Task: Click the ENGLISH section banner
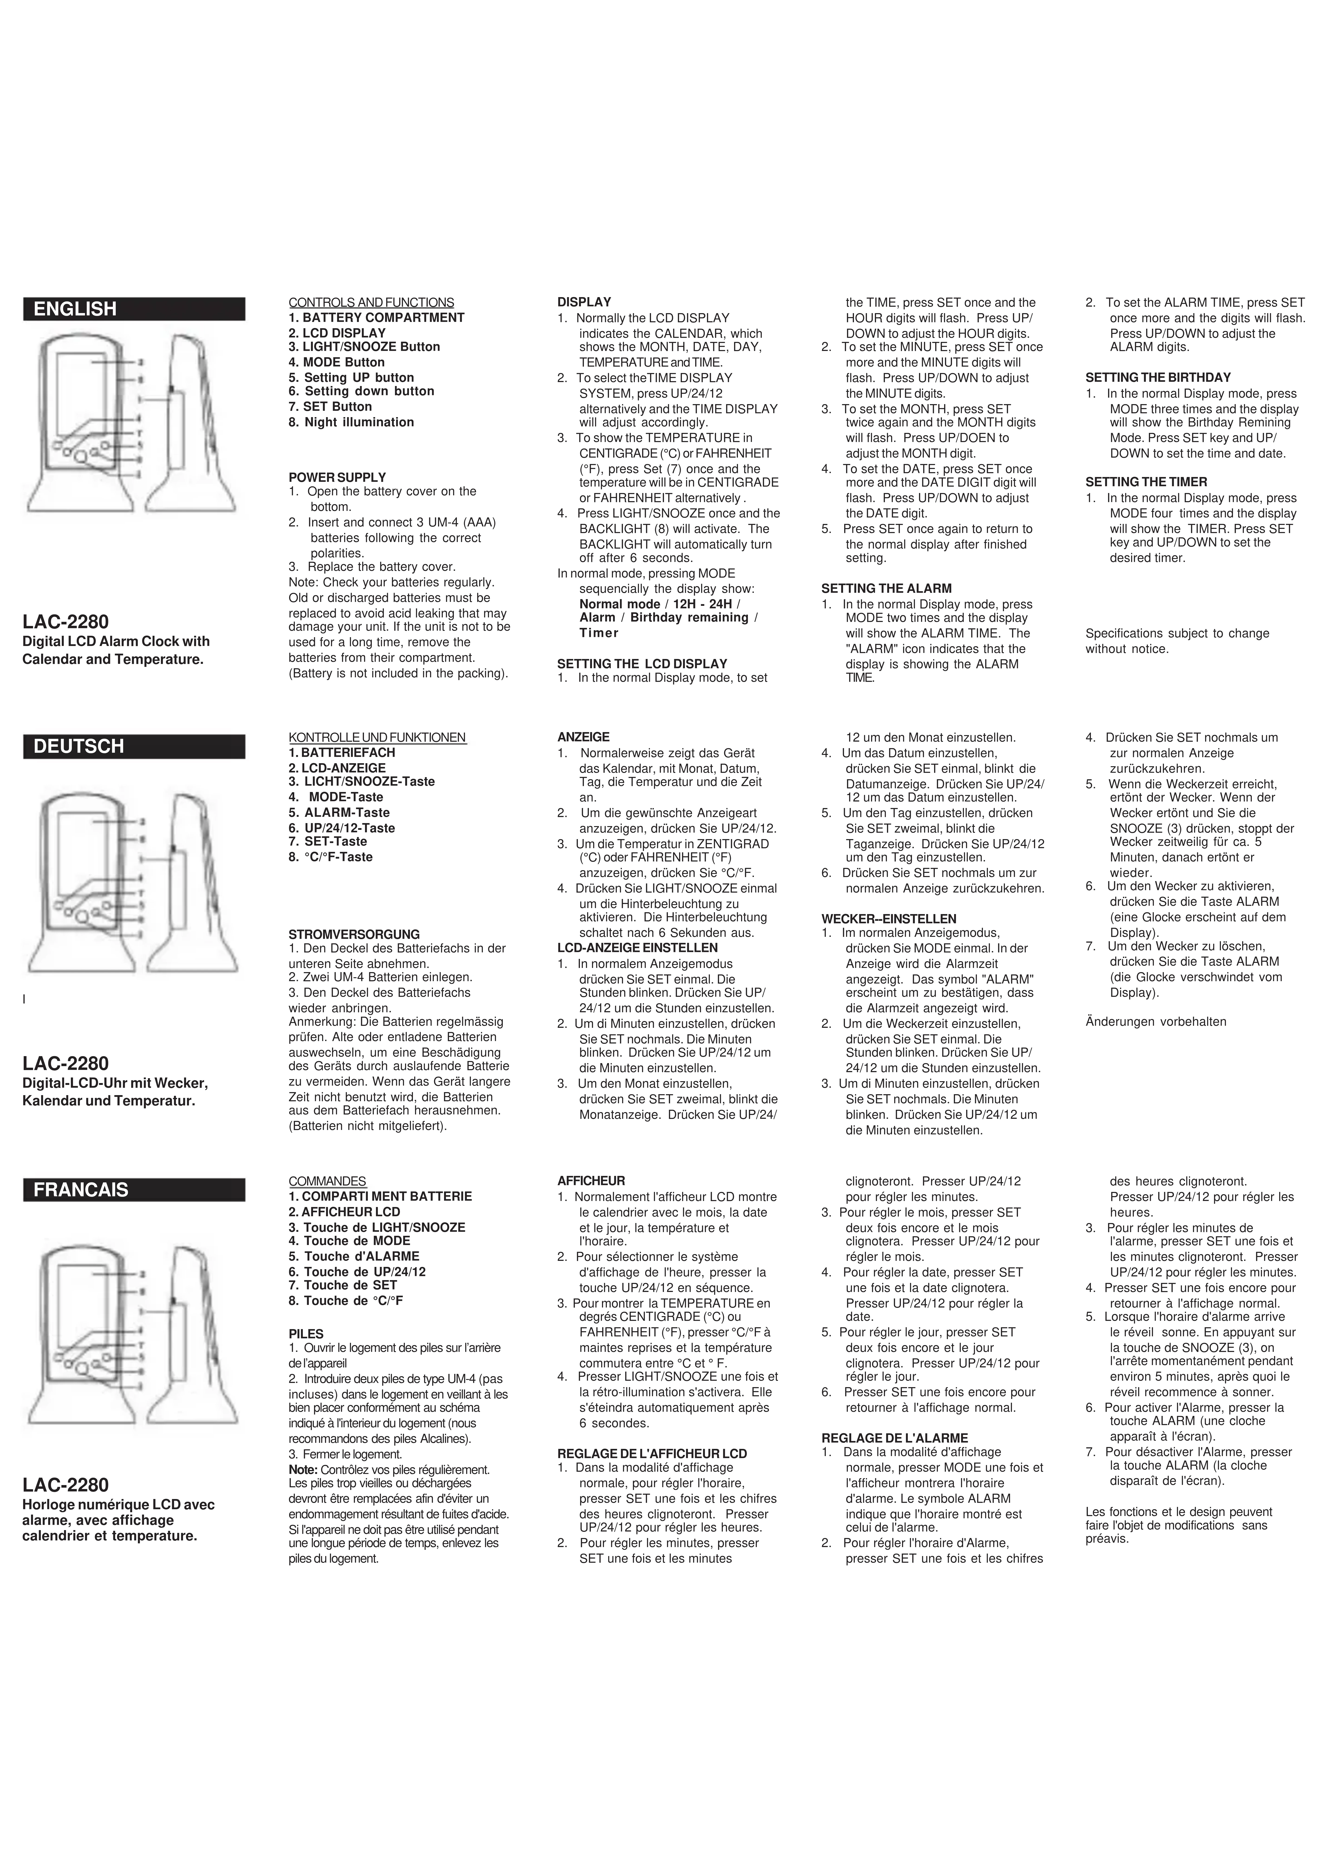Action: [x=134, y=309]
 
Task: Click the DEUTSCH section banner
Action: [x=134, y=746]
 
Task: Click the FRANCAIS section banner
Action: [x=134, y=1190]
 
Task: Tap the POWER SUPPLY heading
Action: [x=337, y=477]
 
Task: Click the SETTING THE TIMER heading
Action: [x=1146, y=482]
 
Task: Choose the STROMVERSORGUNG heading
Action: [x=354, y=934]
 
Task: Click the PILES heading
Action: [x=306, y=1334]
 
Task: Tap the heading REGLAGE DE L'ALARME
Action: [x=894, y=1438]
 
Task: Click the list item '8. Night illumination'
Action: [x=351, y=422]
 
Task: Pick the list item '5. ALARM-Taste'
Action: [x=339, y=812]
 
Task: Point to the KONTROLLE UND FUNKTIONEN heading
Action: [x=377, y=737]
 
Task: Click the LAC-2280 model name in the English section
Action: [x=65, y=623]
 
